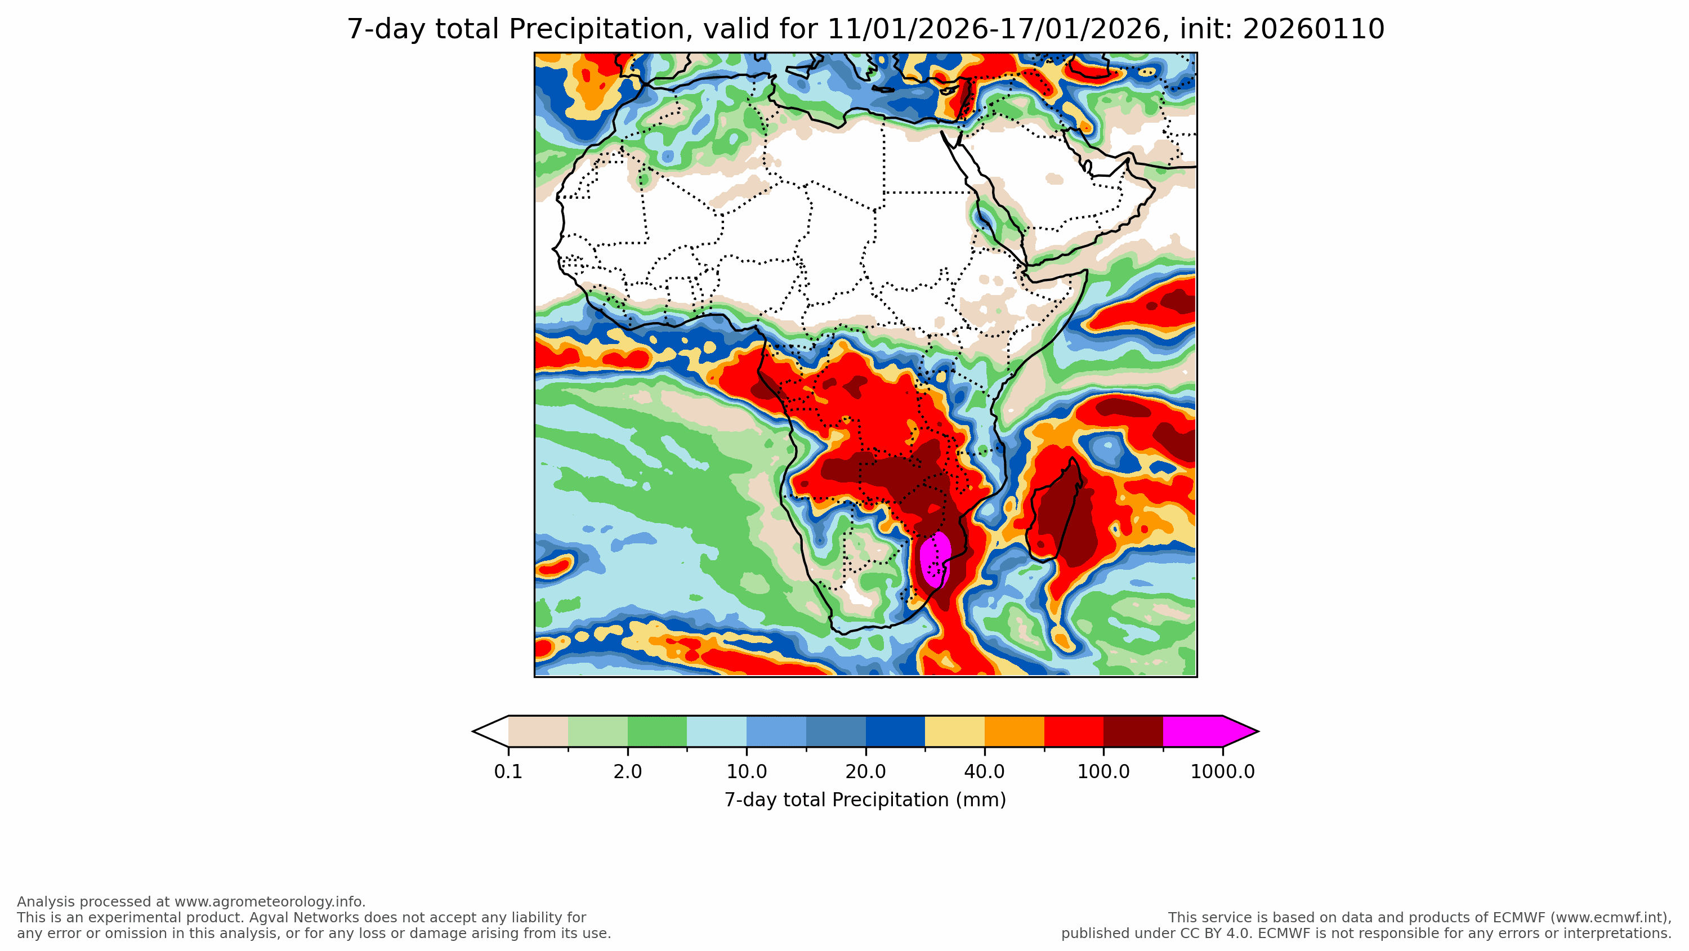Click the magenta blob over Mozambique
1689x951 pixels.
click(x=935, y=557)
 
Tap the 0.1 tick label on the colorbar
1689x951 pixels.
click(x=508, y=772)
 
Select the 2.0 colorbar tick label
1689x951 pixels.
click(x=628, y=772)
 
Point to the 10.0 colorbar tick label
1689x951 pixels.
click(x=746, y=772)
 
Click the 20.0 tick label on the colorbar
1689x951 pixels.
click(x=865, y=772)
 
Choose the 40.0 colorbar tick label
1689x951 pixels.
click(x=984, y=772)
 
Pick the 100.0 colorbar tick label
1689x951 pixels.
click(x=1103, y=772)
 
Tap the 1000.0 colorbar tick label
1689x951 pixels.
click(x=1222, y=772)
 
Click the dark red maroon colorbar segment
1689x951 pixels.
click(x=1133, y=731)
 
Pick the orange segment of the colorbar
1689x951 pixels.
click(x=1015, y=731)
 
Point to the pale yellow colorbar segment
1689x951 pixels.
click(x=955, y=731)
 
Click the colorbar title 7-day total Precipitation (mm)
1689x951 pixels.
click(x=865, y=800)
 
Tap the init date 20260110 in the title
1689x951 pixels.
click(x=1313, y=29)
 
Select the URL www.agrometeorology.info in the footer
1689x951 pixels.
click(x=268, y=902)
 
